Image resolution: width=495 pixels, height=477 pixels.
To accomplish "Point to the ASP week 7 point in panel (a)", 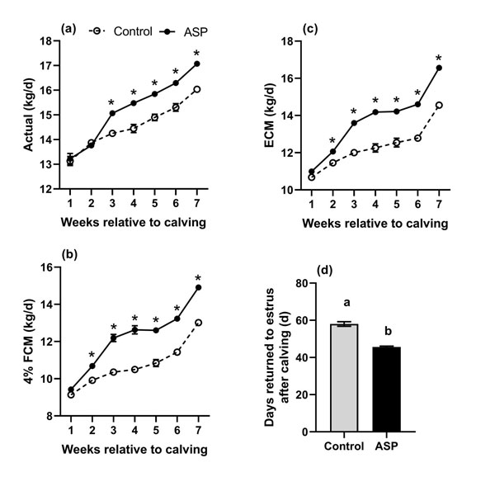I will coord(196,64).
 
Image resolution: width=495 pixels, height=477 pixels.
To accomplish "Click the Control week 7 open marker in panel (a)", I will coord(196,89).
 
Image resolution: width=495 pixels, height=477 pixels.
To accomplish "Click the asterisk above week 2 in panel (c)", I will coord(332,140).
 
